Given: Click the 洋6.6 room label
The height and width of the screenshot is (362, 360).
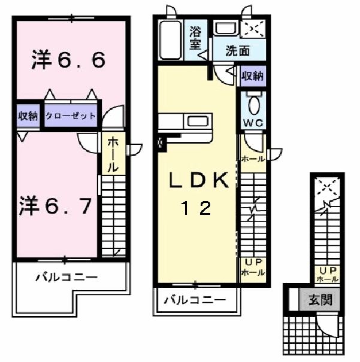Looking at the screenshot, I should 69,59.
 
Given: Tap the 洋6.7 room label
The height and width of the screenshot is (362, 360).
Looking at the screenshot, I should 55,206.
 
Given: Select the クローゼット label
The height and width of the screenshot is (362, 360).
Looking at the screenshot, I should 69,116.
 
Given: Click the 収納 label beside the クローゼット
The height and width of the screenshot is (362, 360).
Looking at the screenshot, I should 28,116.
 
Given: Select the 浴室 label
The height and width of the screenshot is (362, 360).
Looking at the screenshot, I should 195,37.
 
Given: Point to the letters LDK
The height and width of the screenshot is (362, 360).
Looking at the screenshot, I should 198,180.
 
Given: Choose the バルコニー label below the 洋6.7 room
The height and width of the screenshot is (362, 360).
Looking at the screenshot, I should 65,277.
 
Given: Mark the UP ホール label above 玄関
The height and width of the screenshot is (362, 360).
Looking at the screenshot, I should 326,275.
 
